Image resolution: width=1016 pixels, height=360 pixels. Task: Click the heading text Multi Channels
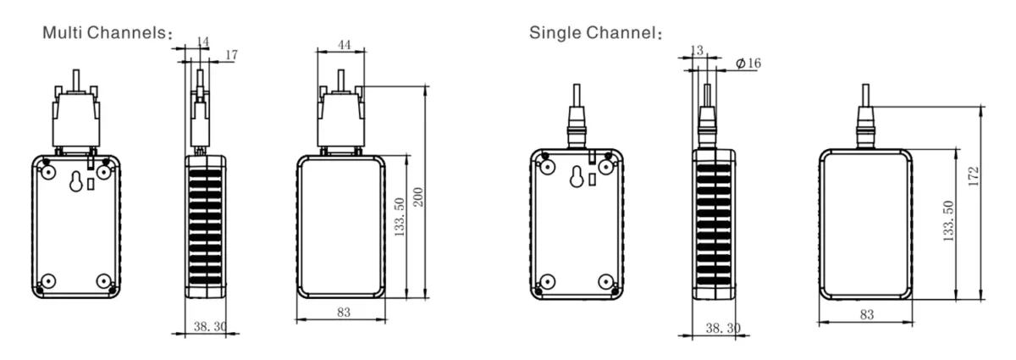(108, 35)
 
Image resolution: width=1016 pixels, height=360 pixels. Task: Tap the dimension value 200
(417, 197)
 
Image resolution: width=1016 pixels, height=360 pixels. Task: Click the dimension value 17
(231, 55)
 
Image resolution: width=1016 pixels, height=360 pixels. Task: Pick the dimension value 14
(202, 41)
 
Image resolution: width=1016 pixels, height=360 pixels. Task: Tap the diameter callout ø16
(748, 64)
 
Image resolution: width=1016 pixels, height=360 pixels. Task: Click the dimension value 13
(697, 51)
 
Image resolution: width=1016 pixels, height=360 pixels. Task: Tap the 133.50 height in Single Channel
(948, 223)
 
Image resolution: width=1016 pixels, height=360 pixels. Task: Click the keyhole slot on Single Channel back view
(577, 178)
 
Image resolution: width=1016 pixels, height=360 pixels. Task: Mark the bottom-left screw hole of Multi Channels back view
(48, 281)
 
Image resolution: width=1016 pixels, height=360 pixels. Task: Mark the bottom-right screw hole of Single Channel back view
(605, 282)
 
